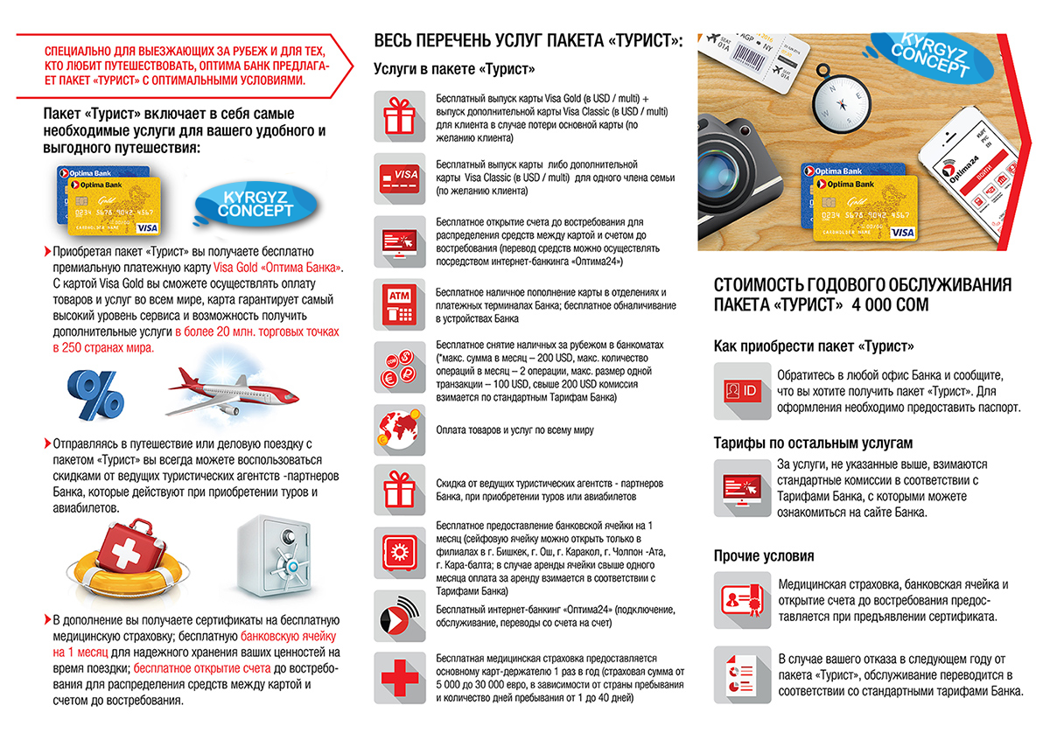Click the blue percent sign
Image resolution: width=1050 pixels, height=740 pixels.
pos(95,394)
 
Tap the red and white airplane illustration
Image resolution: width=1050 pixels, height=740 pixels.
pos(233,392)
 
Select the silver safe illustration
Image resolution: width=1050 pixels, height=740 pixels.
pos(274,556)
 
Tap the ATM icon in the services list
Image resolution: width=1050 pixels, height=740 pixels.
pos(399,304)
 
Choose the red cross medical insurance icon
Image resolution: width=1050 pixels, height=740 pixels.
pos(399,678)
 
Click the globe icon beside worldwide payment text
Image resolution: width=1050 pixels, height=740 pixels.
pos(399,430)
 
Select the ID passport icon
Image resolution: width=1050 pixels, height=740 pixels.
pos(742,391)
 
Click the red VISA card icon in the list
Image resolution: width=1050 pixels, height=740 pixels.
pos(399,178)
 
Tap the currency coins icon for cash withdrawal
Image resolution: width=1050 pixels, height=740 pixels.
pos(399,367)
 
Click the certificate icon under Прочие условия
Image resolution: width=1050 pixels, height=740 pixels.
pos(742,600)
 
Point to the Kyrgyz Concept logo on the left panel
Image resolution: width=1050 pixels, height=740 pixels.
pos(255,205)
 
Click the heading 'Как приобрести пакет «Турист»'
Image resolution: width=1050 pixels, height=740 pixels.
pos(814,346)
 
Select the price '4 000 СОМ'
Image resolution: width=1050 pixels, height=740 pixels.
pos(890,304)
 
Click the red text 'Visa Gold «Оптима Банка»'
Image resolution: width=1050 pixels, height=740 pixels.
pos(277,268)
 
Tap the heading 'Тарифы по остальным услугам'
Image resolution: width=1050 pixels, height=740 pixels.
pos(813,443)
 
